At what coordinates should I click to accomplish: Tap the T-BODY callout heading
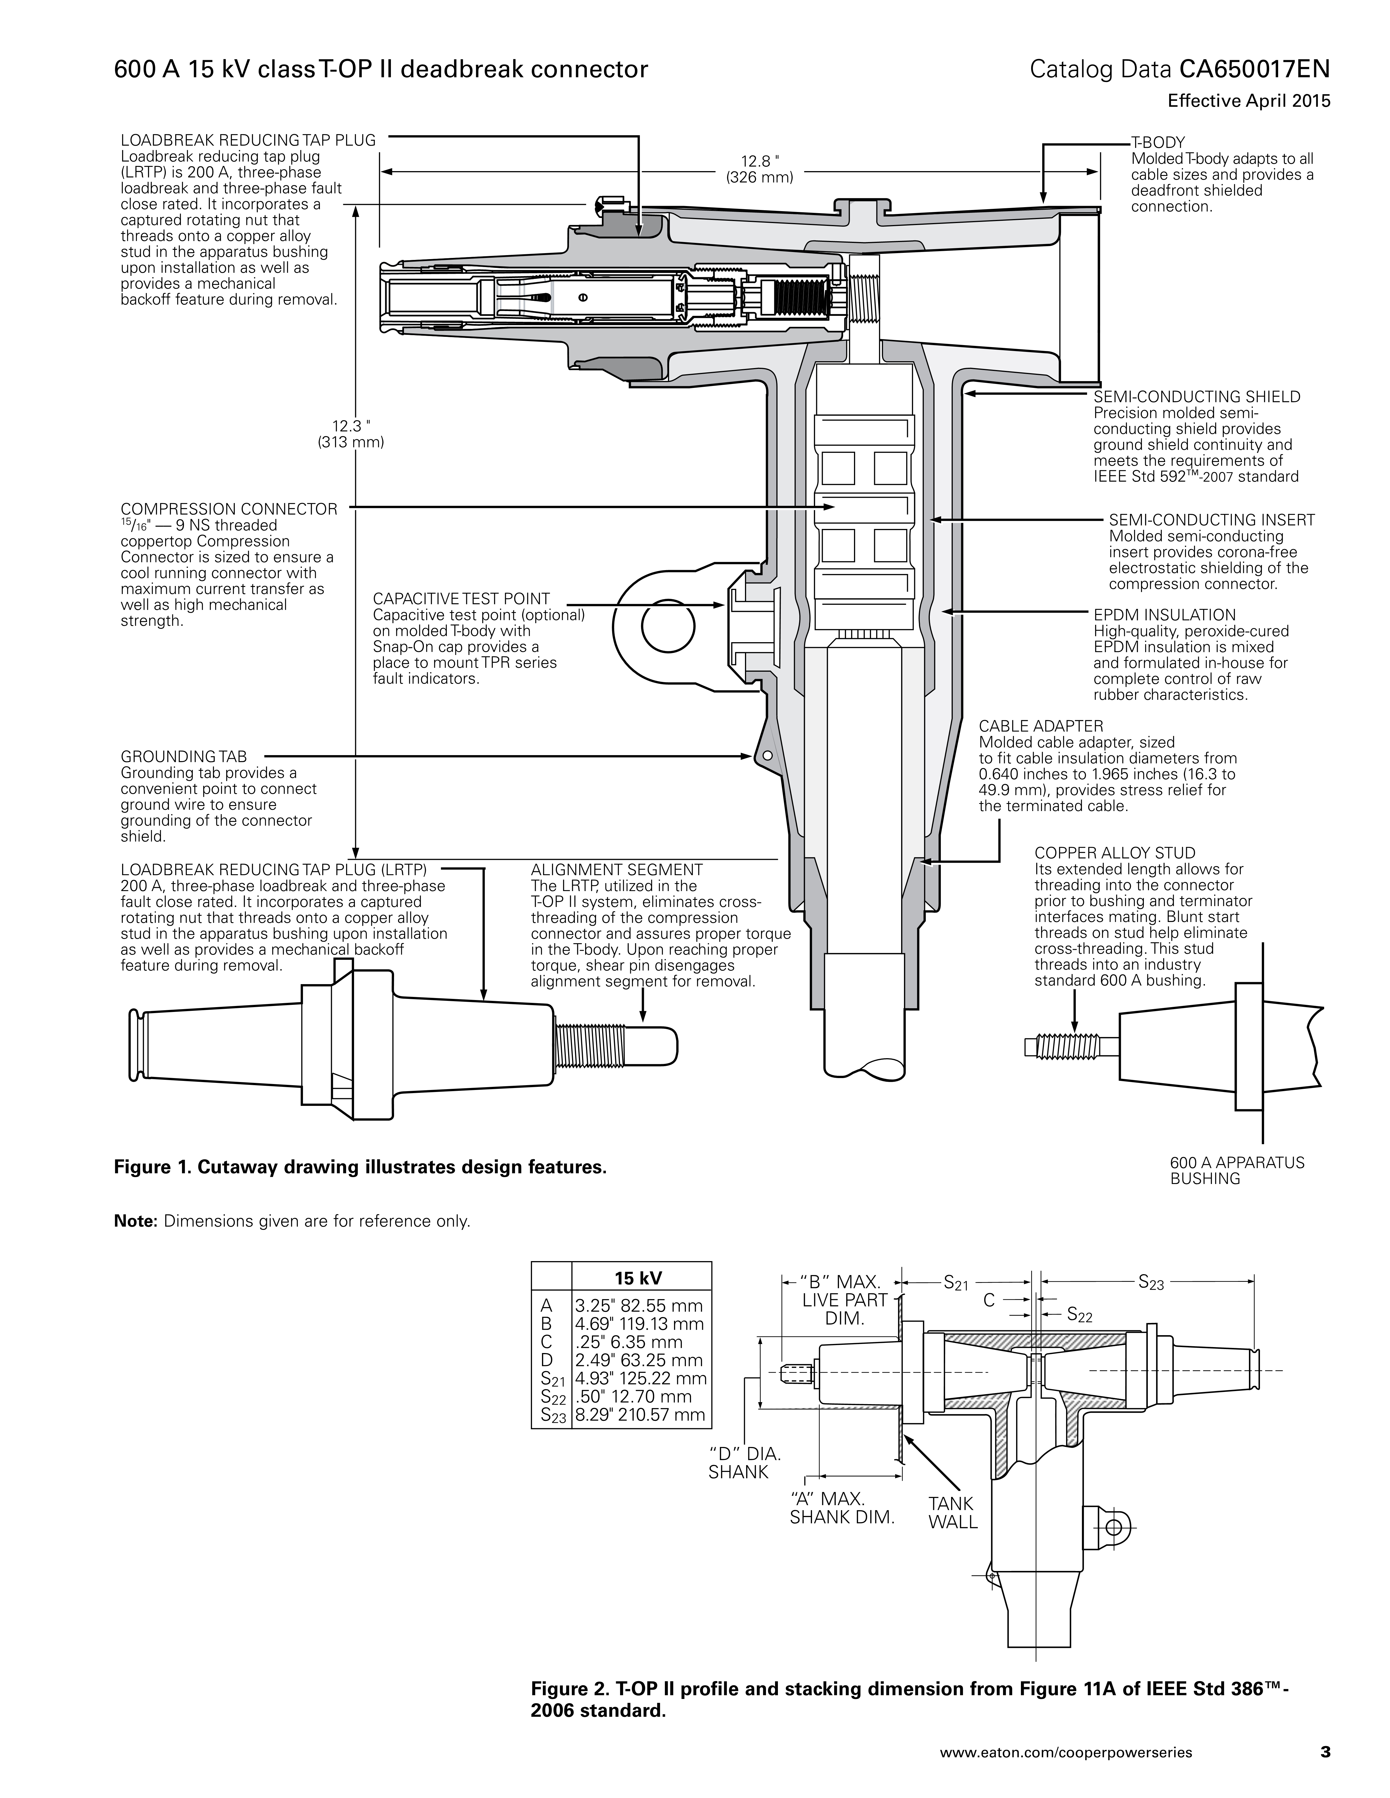[1158, 143]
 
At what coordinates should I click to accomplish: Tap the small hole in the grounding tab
[767, 755]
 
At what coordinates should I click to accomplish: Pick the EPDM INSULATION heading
[1164, 615]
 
